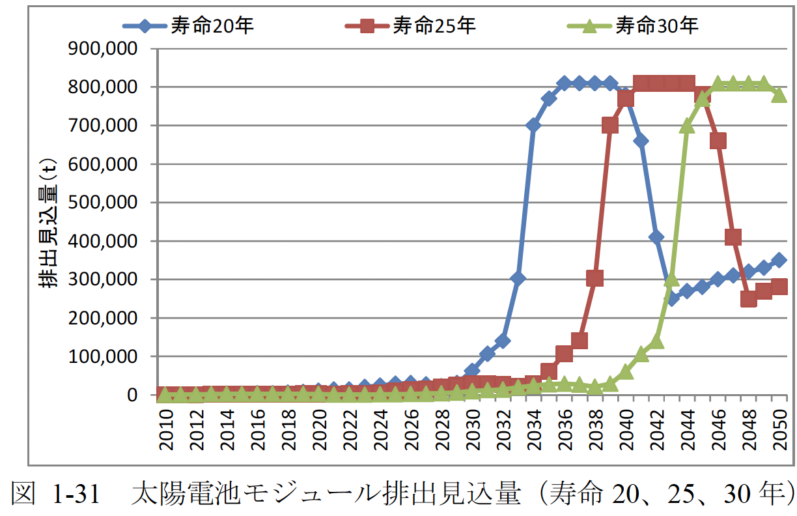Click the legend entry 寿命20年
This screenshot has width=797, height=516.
click(x=188, y=26)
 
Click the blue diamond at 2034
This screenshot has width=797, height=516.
click(x=533, y=126)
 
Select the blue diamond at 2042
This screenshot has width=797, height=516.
click(x=656, y=237)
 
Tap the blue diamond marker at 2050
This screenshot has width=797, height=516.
click(x=779, y=260)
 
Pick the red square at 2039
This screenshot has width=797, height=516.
click(x=610, y=126)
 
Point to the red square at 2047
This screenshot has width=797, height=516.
click(x=733, y=237)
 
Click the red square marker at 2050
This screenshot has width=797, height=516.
click(x=779, y=287)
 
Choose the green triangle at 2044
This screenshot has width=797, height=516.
click(x=687, y=126)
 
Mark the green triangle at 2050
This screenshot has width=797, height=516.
click(x=779, y=95)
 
